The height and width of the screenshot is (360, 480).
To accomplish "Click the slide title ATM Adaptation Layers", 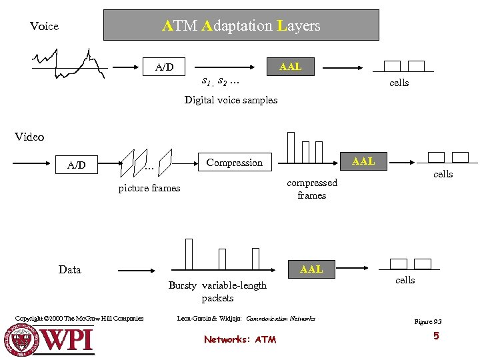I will pos(241,26).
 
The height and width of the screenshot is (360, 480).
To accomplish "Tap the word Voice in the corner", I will pos(44,27).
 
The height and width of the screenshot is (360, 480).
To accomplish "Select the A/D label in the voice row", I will pos(164,67).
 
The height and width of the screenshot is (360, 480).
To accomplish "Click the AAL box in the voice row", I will pos(291,67).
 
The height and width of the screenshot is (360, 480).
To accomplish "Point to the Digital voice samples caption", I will pos(231,100).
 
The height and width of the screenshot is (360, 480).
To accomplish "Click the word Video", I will pos(29,137).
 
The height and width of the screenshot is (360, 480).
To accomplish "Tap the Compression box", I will pos(235,162).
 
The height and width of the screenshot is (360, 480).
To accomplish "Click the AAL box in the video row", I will pos(363,161).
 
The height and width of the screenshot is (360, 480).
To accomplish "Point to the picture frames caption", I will pos(149,188).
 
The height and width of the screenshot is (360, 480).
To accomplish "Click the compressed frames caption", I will pos(312,189).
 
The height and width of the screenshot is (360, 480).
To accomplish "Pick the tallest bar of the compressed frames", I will pos(291,147).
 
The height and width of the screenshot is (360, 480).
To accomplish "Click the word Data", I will pos(70,269).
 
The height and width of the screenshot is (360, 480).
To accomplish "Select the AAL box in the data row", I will pos(311,269).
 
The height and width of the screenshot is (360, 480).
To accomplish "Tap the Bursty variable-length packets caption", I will pos(217,291).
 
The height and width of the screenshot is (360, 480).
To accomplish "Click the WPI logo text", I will pos(68,339).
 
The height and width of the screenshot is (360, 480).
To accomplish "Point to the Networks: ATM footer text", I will pos(240,339).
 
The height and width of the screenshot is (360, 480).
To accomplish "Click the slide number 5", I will pos(436,336).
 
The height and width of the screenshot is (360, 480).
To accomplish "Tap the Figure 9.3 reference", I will pos(428,322).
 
